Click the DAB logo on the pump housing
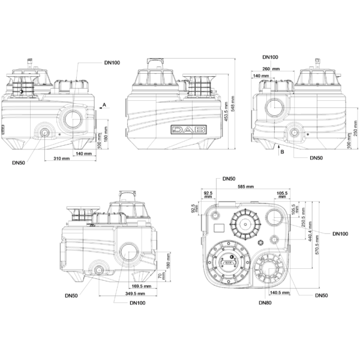click(x=188, y=130)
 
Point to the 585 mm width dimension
click(x=245, y=187)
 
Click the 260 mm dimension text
click(x=271, y=69)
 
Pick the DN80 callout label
click(x=265, y=303)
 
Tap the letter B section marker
click(x=282, y=152)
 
